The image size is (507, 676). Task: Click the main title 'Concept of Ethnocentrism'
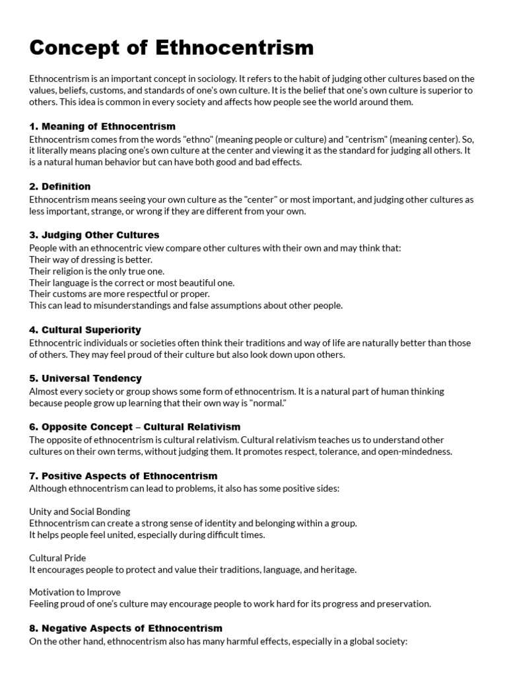click(172, 48)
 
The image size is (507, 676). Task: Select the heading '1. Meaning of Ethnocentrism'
click(102, 126)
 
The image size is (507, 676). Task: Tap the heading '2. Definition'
click(60, 186)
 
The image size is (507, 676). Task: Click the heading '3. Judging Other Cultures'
click(94, 234)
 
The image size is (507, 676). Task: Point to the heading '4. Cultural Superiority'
click(85, 329)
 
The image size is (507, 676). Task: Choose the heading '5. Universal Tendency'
click(85, 378)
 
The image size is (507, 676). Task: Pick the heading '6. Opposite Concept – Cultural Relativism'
click(135, 426)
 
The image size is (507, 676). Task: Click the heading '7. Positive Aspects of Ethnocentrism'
click(123, 475)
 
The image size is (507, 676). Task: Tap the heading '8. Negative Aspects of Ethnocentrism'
click(125, 628)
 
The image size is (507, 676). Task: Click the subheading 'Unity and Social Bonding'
click(80, 511)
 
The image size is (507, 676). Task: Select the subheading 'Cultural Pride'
click(57, 558)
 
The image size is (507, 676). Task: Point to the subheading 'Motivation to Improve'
click(75, 592)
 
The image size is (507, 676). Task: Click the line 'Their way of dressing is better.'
click(91, 259)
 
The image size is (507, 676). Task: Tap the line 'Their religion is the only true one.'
click(97, 271)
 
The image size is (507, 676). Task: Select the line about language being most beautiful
click(132, 283)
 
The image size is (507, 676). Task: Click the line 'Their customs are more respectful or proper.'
click(119, 294)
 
